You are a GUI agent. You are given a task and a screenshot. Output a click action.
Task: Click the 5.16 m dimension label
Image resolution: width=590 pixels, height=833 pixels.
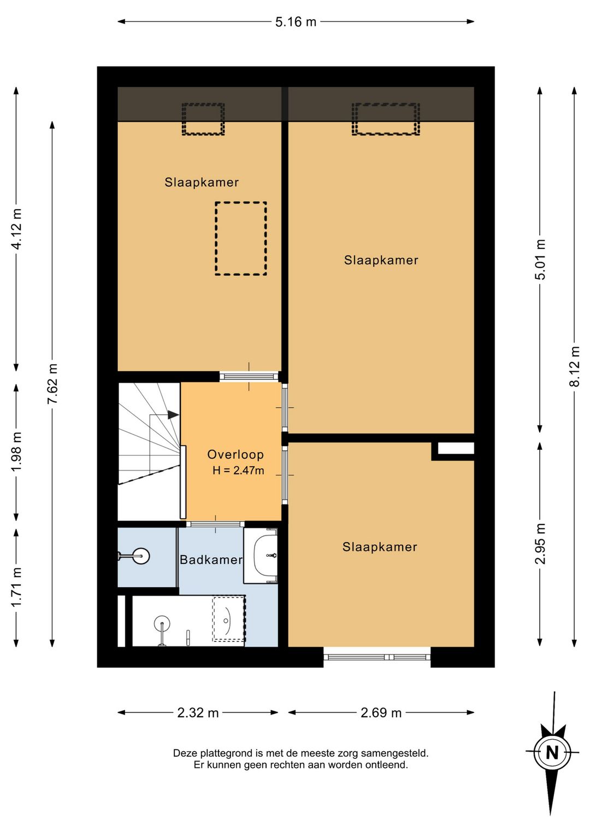click(296, 22)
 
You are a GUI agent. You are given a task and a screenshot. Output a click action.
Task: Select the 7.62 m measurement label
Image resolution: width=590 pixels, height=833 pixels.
click(53, 383)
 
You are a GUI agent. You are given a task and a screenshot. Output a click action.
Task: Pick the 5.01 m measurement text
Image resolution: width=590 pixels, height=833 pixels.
click(540, 259)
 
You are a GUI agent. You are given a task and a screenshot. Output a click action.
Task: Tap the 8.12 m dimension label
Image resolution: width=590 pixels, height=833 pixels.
click(575, 366)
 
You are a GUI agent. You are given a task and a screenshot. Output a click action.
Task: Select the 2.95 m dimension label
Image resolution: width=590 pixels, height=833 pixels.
click(540, 543)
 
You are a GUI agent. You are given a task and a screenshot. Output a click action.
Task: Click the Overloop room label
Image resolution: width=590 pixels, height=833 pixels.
click(235, 454)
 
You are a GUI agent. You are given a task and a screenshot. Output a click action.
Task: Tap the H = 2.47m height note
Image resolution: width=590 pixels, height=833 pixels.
click(238, 471)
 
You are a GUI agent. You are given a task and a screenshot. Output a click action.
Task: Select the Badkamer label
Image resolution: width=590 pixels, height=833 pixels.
click(211, 560)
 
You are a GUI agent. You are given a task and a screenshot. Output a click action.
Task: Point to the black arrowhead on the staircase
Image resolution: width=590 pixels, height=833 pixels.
click(173, 414)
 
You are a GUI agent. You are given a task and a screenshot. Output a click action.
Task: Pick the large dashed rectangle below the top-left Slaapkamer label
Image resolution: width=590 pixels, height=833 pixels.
click(241, 239)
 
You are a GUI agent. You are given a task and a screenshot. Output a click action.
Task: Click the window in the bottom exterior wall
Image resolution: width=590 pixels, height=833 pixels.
click(377, 657)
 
